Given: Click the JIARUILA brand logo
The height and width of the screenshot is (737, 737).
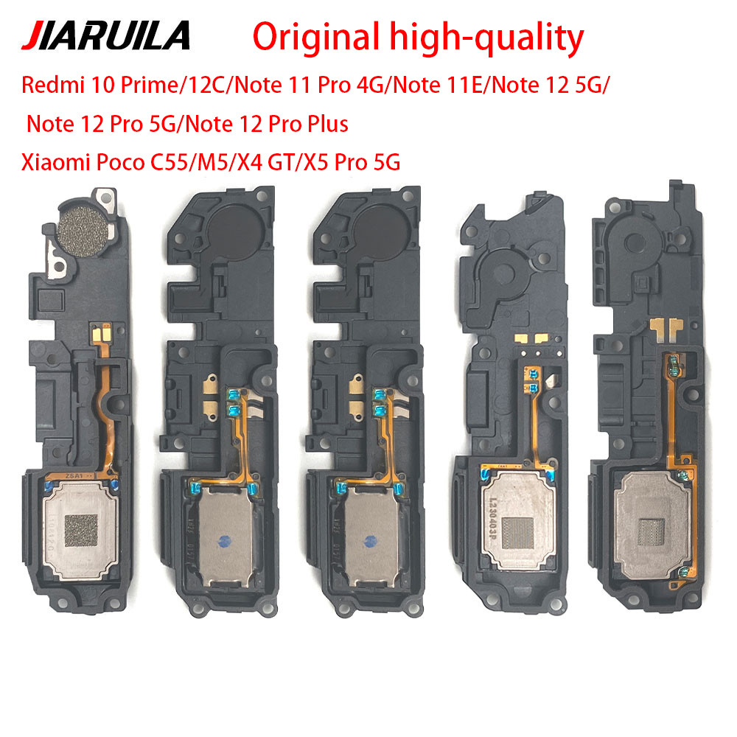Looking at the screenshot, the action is [x=105, y=35].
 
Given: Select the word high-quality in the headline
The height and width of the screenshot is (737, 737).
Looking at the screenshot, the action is [x=487, y=38].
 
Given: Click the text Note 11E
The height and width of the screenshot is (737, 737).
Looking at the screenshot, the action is [x=438, y=85].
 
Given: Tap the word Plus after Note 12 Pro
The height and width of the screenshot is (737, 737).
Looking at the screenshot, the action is [x=328, y=124].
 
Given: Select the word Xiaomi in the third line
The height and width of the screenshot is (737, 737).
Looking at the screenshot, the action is [x=56, y=163].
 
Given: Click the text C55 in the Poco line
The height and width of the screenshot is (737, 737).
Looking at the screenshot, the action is [x=169, y=163].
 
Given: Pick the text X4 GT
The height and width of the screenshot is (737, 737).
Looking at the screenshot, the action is [x=267, y=163].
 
